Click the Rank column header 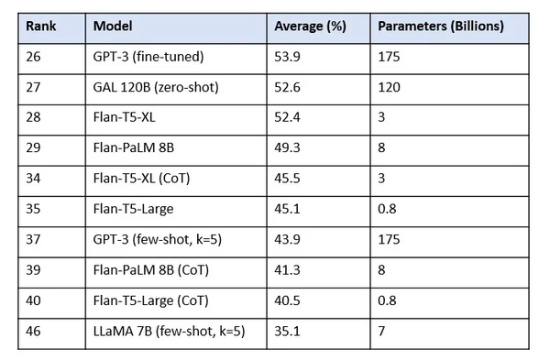point(39,27)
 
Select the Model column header point(112,27)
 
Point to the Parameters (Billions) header point(441,27)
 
